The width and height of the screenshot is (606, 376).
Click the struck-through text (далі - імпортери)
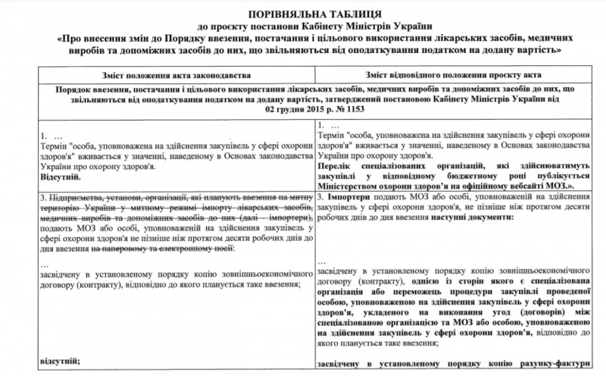(x=270, y=217)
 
